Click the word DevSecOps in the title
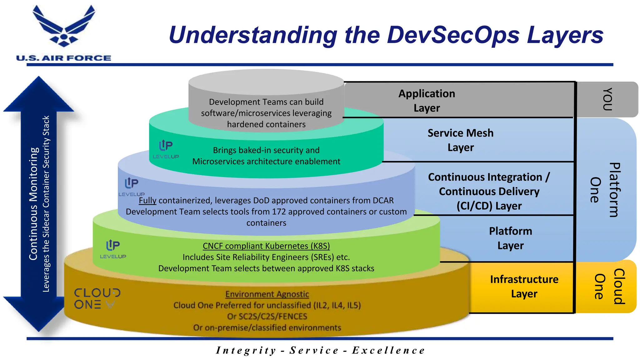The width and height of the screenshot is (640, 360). pyautogui.click(x=453, y=35)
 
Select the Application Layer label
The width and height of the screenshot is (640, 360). pyautogui.click(x=427, y=101)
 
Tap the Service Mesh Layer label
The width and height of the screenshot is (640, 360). pyautogui.click(x=460, y=140)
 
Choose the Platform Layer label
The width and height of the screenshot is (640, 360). pyautogui.click(x=510, y=238)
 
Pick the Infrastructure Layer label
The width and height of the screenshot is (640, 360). pyautogui.click(x=524, y=286)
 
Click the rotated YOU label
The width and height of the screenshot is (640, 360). pyautogui.click(x=607, y=99)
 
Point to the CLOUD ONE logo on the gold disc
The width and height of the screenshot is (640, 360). pyautogui.click(x=97, y=298)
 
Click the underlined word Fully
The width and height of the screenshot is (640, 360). pyautogui.click(x=147, y=200)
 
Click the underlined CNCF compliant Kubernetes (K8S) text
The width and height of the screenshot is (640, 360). pyautogui.click(x=266, y=246)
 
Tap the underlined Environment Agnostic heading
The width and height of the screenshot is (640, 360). pyautogui.click(x=267, y=294)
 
